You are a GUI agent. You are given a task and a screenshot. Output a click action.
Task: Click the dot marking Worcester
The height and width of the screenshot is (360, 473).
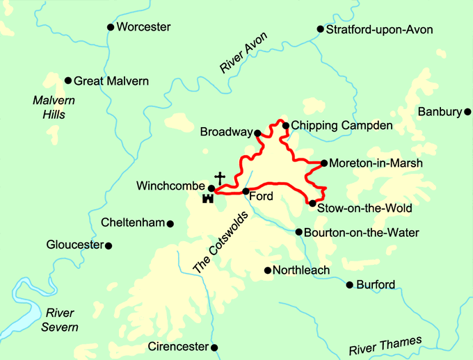(110, 27)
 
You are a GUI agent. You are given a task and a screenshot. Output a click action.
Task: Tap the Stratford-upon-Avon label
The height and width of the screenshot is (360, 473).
(379, 29)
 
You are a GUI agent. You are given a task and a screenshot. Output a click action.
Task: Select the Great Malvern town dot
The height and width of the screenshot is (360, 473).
(68, 81)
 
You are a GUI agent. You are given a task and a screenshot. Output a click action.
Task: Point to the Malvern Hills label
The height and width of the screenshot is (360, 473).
(54, 107)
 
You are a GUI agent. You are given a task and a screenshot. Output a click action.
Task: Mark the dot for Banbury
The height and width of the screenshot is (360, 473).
(468, 111)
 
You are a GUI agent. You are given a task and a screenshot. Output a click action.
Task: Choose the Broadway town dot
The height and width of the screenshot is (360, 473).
(257, 132)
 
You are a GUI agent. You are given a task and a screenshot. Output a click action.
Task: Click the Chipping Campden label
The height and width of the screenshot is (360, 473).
(342, 125)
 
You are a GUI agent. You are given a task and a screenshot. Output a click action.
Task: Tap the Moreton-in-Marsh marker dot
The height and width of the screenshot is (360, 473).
(324, 163)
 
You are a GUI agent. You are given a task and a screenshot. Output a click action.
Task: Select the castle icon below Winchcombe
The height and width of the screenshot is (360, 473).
(207, 199)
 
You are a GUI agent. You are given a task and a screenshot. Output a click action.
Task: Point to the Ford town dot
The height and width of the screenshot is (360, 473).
(246, 191)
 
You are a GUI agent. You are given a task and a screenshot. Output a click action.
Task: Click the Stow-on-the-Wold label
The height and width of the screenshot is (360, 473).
(364, 208)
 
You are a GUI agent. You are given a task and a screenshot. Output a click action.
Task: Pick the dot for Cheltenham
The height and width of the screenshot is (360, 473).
(170, 223)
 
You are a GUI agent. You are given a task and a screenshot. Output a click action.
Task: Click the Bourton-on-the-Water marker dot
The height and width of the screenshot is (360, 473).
(298, 232)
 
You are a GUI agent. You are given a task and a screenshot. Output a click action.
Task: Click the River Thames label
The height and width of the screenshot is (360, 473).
(385, 345)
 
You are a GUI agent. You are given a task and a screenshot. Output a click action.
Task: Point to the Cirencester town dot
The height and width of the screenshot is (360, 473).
(214, 347)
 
